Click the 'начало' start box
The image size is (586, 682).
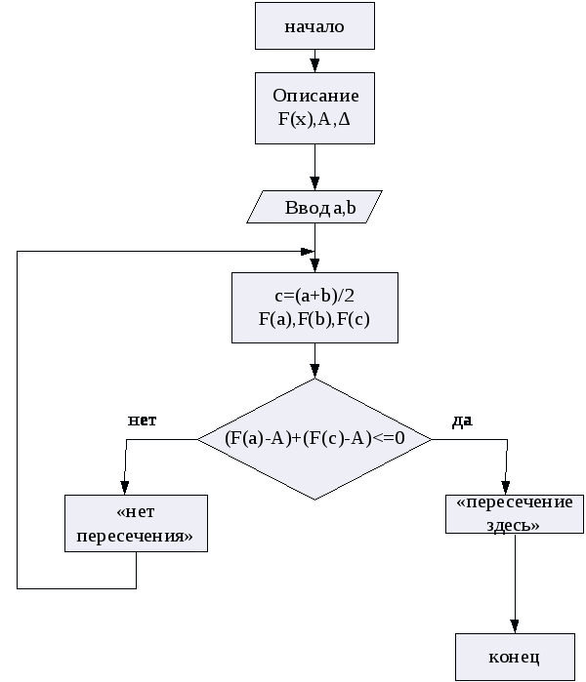point(314,26)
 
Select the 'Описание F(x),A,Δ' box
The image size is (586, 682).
point(314,108)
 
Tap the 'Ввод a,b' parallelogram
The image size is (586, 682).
point(314,207)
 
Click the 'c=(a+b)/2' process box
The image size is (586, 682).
point(314,307)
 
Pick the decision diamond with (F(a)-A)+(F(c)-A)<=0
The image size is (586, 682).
point(314,439)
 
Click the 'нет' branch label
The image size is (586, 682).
point(143,420)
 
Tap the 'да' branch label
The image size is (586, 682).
point(462,421)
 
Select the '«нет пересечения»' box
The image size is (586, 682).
point(136,524)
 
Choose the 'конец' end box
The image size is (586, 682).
point(514,656)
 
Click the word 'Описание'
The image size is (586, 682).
point(315,96)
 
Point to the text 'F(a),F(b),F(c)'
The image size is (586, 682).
point(314,318)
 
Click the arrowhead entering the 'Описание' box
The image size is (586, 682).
point(314,66)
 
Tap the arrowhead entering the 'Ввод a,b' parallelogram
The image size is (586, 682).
point(314,183)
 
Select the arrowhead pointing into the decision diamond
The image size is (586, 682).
point(314,372)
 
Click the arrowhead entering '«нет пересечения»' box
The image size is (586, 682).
point(124,488)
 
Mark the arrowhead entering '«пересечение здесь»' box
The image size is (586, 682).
point(506,488)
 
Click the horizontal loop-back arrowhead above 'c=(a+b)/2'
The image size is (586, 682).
point(307,251)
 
